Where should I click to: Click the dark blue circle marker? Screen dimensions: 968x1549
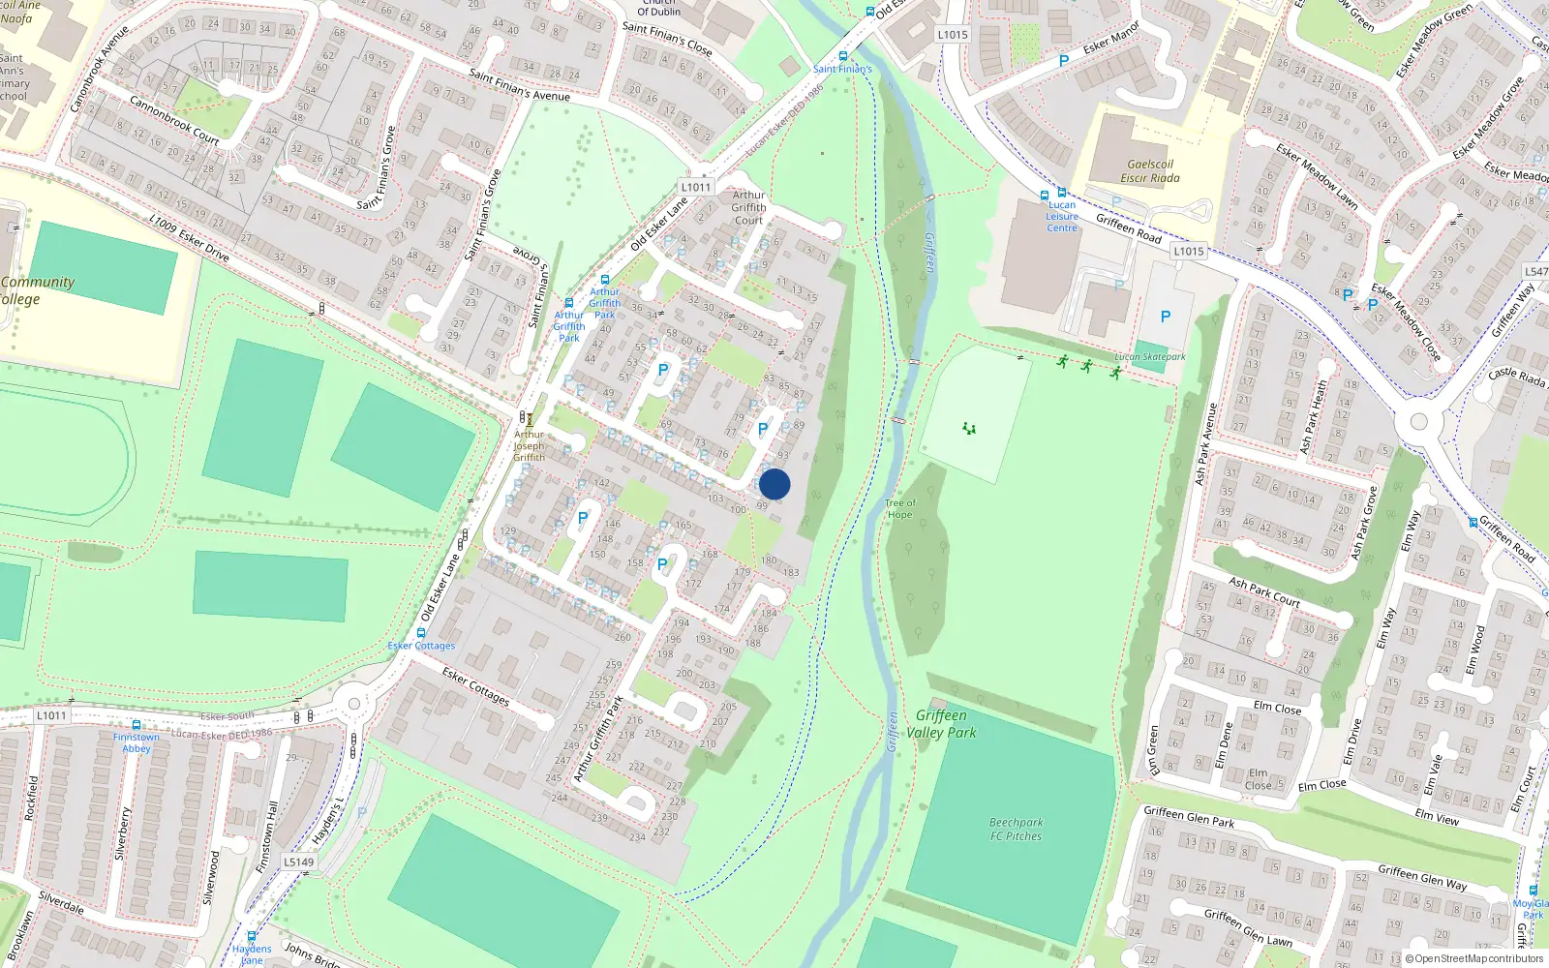point(774,484)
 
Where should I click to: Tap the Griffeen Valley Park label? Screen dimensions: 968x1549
point(941,724)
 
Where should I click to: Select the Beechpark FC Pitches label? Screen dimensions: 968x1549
point(1016,830)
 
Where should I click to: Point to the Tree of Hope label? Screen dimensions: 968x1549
point(900,509)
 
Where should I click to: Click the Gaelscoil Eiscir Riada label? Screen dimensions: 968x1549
point(1150,171)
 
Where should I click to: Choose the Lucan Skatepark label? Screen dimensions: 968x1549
point(1150,357)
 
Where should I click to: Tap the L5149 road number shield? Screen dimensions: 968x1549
point(299,862)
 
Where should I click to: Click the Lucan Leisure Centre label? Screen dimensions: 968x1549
point(1062,216)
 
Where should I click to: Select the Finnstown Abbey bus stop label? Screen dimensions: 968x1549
point(137,742)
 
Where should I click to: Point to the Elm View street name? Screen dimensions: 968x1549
point(1437,816)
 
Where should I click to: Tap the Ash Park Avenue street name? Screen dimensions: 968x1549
point(1206,444)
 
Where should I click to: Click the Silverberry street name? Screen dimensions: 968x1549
point(121,832)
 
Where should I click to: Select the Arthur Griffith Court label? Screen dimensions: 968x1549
point(748,207)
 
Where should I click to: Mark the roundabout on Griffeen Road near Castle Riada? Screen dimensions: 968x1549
point(1419,421)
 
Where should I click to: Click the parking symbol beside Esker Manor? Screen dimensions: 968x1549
point(1064,61)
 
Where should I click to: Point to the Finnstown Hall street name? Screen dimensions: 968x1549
point(266,838)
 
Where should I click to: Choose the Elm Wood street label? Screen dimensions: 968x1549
point(1474,650)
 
